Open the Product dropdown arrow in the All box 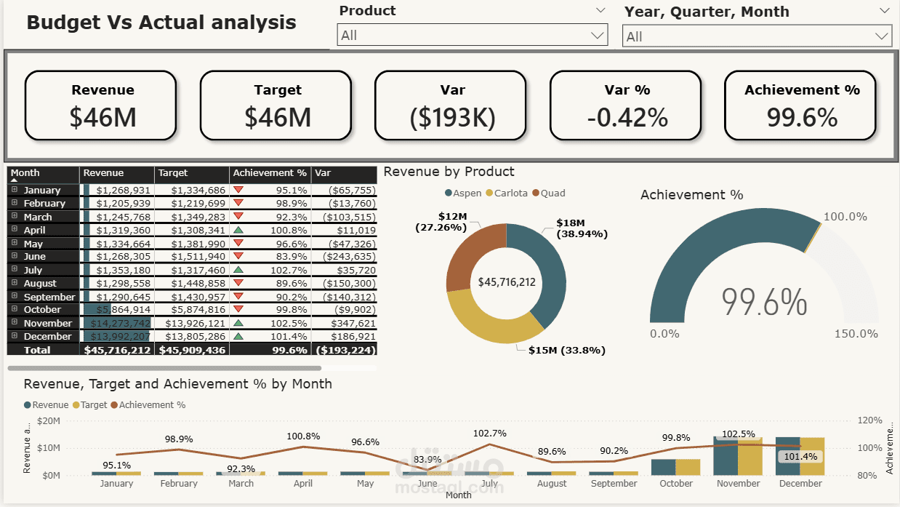tap(598, 35)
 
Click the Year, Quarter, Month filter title tap(706, 12)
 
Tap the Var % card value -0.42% tap(627, 117)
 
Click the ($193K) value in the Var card tap(452, 117)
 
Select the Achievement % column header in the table tap(270, 173)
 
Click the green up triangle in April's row tap(238, 230)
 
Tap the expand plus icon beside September tap(15, 297)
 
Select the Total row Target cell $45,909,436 tap(192, 350)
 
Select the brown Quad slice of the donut tap(473, 255)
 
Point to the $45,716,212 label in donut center tap(506, 282)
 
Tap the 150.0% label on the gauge tap(856, 333)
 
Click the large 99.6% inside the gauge tap(764, 302)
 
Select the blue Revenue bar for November tap(725, 455)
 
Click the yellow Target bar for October tap(688, 467)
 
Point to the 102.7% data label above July tap(489, 434)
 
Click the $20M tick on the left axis tap(48, 421)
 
